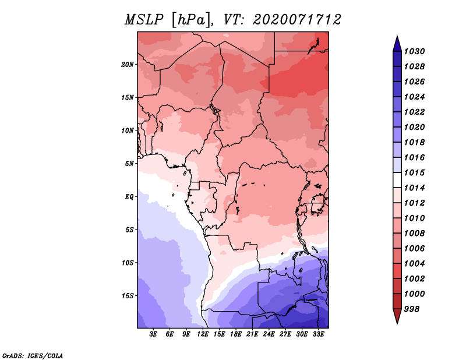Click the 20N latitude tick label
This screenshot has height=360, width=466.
(128, 65)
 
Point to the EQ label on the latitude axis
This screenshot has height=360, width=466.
(129, 197)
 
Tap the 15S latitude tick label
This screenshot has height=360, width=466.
(128, 296)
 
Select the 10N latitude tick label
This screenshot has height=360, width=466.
(128, 130)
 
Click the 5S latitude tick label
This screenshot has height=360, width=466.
(129, 230)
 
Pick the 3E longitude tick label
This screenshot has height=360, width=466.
(153, 334)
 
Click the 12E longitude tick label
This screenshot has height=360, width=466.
(202, 334)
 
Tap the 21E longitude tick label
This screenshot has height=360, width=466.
(252, 334)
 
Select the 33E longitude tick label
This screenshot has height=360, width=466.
(318, 334)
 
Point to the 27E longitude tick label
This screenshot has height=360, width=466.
(285, 334)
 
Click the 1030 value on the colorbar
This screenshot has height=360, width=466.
(414, 51)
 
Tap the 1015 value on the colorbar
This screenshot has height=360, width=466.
(414, 172)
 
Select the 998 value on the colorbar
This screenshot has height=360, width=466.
(412, 309)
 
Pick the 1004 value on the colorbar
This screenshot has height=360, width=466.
(414, 264)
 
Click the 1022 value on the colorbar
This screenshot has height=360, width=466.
(414, 112)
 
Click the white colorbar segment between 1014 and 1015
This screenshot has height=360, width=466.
(397, 180)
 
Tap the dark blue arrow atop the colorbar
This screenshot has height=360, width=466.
(397, 44)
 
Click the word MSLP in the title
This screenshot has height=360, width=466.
(144, 20)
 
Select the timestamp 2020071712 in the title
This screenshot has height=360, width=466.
(297, 20)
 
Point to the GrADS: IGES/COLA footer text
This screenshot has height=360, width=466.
(33, 356)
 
